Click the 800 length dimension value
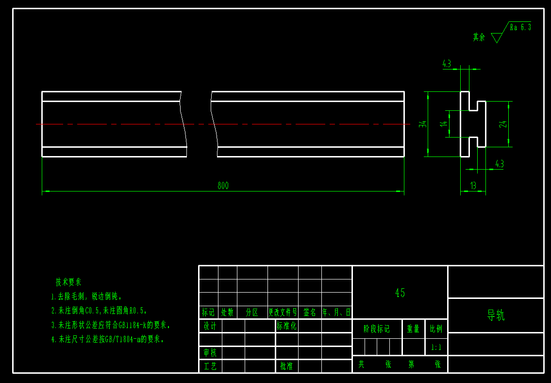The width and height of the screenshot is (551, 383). [223, 185]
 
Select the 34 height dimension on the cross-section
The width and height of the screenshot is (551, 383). [423, 124]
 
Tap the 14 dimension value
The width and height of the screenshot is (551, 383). [443, 124]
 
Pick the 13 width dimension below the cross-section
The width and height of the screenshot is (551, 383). [473, 185]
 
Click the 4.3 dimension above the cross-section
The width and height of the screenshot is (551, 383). [447, 64]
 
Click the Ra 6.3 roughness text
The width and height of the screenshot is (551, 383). [520, 27]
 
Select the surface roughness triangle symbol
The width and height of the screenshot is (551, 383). [496, 37]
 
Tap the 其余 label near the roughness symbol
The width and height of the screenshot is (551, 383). [479, 37]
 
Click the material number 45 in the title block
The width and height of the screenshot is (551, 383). [400, 293]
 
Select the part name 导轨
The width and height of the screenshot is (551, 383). [496, 315]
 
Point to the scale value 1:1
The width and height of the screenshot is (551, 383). [436, 348]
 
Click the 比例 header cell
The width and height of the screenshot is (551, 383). [436, 329]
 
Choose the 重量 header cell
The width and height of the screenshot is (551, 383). [413, 329]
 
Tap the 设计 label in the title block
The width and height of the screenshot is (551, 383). [210, 326]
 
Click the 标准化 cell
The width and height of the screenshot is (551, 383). [286, 326]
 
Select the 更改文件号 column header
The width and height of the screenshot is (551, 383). [283, 312]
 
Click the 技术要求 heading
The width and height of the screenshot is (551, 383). [68, 282]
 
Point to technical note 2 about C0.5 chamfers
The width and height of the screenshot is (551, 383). [99, 310]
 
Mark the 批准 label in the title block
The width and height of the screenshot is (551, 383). [286, 366]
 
